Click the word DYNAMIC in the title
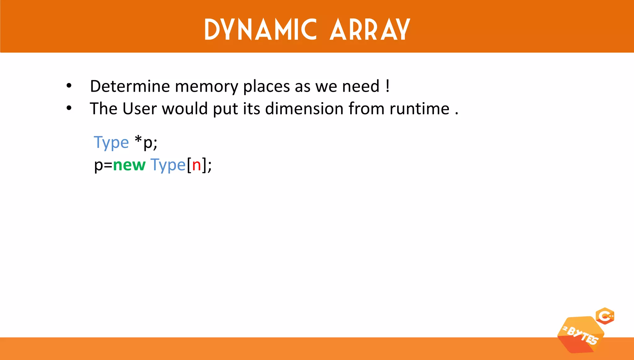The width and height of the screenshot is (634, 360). pyautogui.click(x=260, y=30)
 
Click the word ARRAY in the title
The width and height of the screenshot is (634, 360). pyautogui.click(x=370, y=30)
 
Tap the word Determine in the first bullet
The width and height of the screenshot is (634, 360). pyautogui.click(x=130, y=86)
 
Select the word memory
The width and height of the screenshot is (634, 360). pyautogui.click(x=206, y=87)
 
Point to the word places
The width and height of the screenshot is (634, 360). pyautogui.click(x=267, y=87)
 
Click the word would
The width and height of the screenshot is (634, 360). pyautogui.click(x=185, y=109)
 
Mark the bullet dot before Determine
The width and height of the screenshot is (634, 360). pyautogui.click(x=69, y=86)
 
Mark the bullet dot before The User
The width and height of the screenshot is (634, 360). pyautogui.click(x=69, y=108)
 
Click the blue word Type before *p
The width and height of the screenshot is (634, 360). pyautogui.click(x=111, y=143)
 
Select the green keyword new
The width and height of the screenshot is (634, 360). pyautogui.click(x=129, y=165)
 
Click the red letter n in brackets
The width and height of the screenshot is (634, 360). pyautogui.click(x=197, y=165)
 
